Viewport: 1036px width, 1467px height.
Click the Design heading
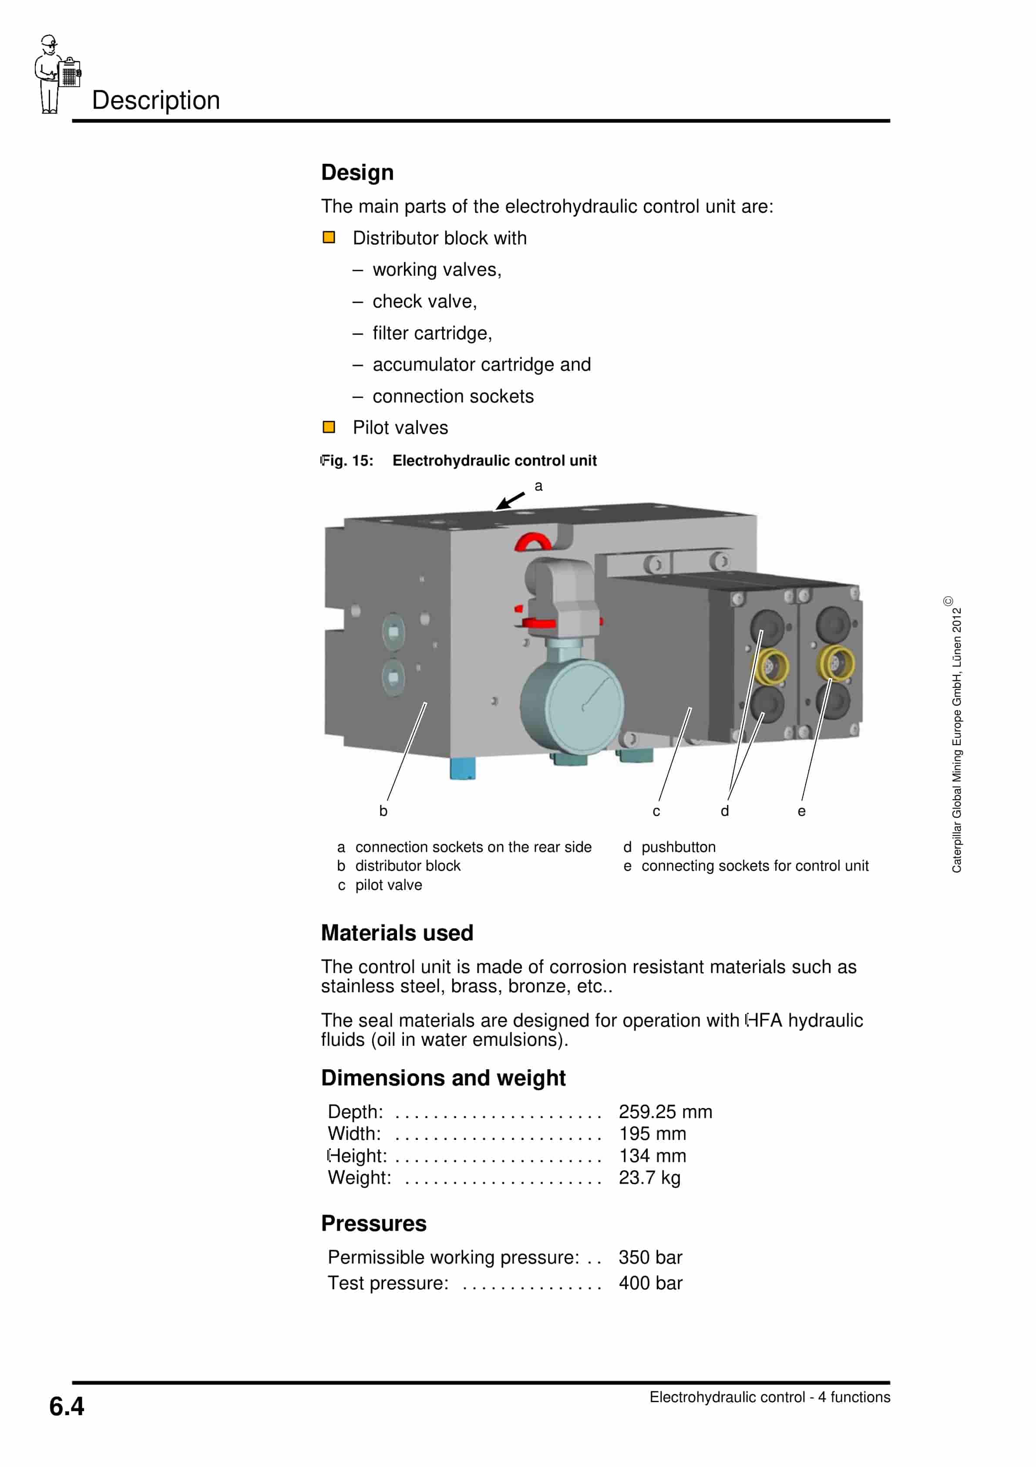pyautogui.click(x=357, y=172)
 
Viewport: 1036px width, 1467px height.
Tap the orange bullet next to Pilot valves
pyautogui.click(x=329, y=427)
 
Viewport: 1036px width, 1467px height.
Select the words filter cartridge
pyautogui.click(x=432, y=333)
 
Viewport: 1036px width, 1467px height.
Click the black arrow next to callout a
pyautogui.click(x=510, y=500)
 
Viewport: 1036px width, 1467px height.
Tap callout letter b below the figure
pyautogui.click(x=383, y=811)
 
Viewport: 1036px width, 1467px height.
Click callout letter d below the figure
pyautogui.click(x=724, y=811)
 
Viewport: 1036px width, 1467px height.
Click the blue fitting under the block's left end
pyautogui.click(x=462, y=767)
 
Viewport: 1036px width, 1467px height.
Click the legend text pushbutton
pyautogui.click(x=678, y=847)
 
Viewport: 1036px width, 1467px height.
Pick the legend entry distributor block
pyautogui.click(x=407, y=866)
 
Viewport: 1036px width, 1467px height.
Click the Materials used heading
pyautogui.click(x=397, y=933)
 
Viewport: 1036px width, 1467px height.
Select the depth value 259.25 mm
pyautogui.click(x=665, y=1112)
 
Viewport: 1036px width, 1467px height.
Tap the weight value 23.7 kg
pyautogui.click(x=649, y=1177)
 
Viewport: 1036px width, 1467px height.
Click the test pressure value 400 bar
pyautogui.click(x=650, y=1283)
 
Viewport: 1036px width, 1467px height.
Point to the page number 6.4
pyautogui.click(x=67, y=1406)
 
